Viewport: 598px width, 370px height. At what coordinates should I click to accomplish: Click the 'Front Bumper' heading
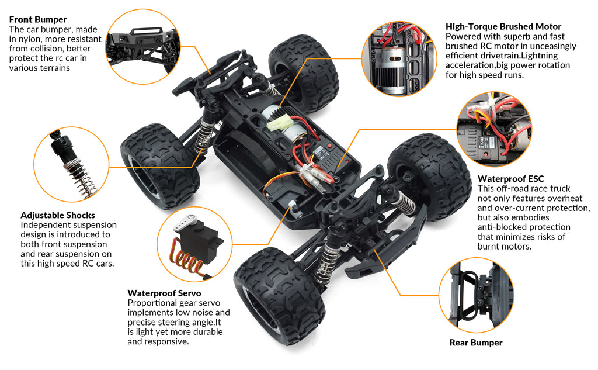point(38,19)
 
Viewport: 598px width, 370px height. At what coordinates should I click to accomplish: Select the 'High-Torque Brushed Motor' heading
point(503,26)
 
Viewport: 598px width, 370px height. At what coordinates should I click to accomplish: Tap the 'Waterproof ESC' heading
point(510,178)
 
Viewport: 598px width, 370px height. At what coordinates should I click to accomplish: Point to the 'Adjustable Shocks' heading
point(58,215)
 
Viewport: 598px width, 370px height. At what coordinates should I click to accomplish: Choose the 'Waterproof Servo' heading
point(164,293)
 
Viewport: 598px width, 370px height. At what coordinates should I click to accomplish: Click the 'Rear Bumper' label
point(475,343)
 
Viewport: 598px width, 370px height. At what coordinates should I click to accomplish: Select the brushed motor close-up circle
point(399,58)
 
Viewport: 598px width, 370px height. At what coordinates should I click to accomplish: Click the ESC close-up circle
point(494,129)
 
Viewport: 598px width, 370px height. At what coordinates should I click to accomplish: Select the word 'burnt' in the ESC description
point(492,246)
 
